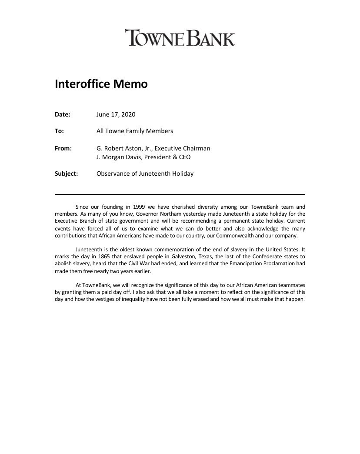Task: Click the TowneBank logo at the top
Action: pyautogui.click(x=180, y=38)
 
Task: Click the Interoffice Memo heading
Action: pyautogui.click(x=101, y=84)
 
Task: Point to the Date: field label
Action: pyautogui.click(x=63, y=114)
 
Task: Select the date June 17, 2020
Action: pyautogui.click(x=116, y=114)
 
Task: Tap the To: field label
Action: pyautogui.click(x=59, y=131)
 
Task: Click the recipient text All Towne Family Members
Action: pyautogui.click(x=134, y=131)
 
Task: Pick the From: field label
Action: pyautogui.click(x=63, y=148)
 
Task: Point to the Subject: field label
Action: pyautogui.click(x=66, y=174)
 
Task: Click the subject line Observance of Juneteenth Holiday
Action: pyautogui.click(x=145, y=174)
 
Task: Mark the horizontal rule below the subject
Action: pyautogui.click(x=180, y=194)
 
